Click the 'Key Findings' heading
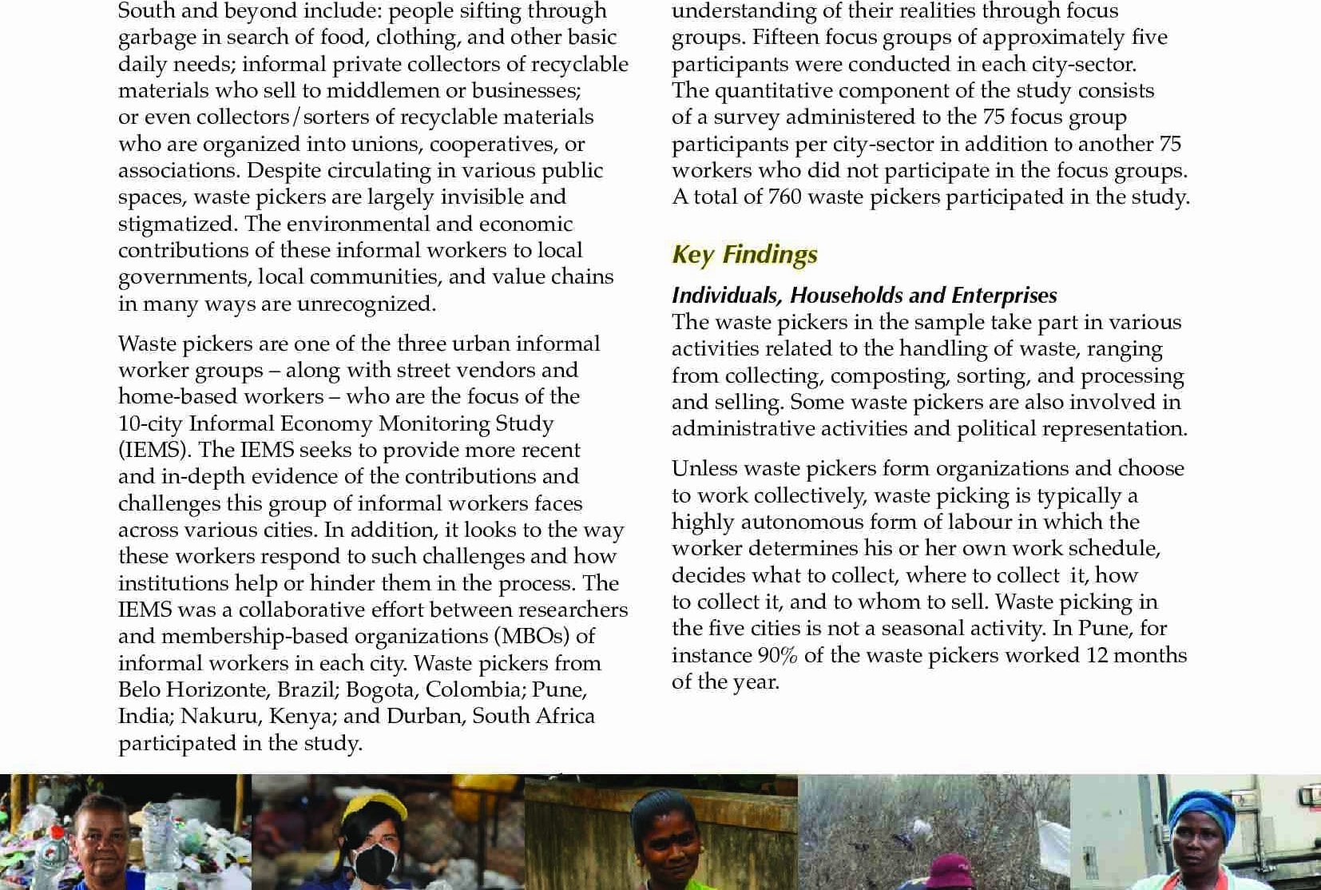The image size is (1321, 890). [744, 254]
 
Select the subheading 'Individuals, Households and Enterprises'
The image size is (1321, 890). [864, 295]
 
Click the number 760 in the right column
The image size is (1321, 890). [784, 197]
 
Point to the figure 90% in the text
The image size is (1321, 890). [777, 655]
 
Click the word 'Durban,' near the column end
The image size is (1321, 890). [426, 716]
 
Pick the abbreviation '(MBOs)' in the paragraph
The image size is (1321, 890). [532, 636]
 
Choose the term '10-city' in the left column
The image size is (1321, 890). [149, 423]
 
